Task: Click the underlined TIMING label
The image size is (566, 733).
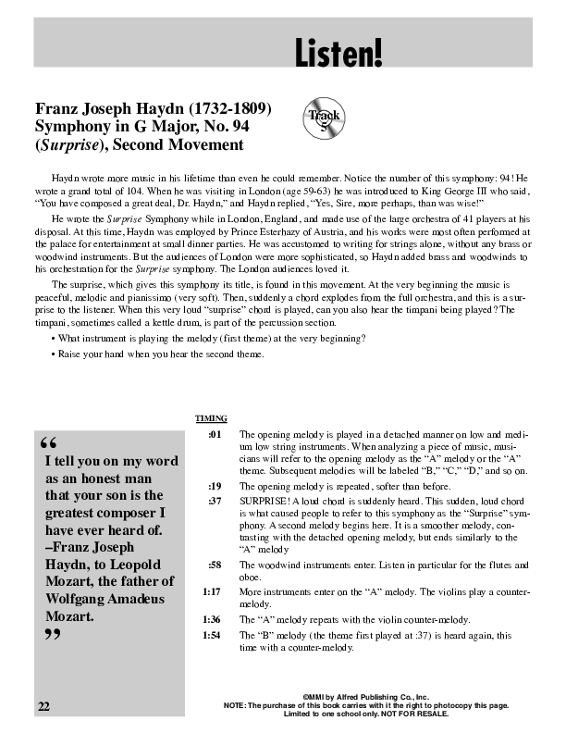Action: click(212, 417)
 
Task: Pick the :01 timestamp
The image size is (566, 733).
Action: click(215, 433)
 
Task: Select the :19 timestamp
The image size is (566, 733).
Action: click(215, 486)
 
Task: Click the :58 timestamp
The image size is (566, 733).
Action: click(215, 565)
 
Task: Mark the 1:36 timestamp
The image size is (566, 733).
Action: click(212, 618)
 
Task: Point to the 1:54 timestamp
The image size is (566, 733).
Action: click(212, 635)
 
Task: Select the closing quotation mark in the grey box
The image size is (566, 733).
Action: click(51, 637)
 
